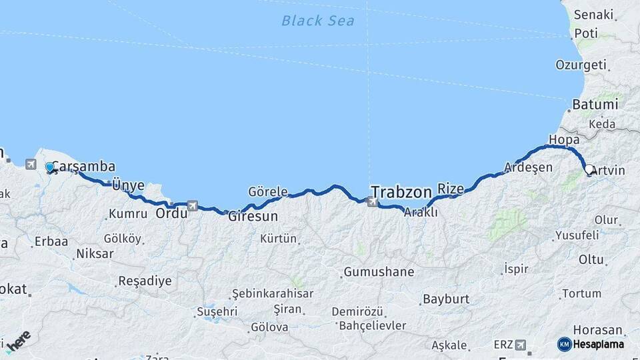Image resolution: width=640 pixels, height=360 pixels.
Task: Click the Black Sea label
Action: [x=317, y=21]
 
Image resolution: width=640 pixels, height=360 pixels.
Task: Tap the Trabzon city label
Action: [x=401, y=192]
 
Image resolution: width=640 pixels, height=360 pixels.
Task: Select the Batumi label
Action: [x=595, y=105]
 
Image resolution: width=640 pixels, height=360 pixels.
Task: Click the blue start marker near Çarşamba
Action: [x=49, y=167]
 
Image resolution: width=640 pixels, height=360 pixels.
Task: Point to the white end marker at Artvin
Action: [x=589, y=170]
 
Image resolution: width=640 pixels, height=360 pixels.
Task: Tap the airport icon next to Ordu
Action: [x=193, y=206]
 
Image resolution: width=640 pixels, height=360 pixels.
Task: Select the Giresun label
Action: [x=253, y=217]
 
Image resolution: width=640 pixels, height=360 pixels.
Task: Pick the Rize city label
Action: [x=450, y=189]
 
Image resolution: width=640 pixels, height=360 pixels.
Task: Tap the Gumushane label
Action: [x=379, y=272]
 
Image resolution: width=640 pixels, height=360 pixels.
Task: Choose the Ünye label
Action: [x=128, y=185]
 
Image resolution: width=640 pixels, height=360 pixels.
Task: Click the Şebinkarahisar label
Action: [x=272, y=294]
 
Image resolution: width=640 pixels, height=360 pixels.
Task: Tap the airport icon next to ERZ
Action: [x=520, y=345]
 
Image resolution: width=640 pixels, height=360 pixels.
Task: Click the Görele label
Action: [x=267, y=191]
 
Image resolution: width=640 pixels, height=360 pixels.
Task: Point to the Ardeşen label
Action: [x=528, y=167]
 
